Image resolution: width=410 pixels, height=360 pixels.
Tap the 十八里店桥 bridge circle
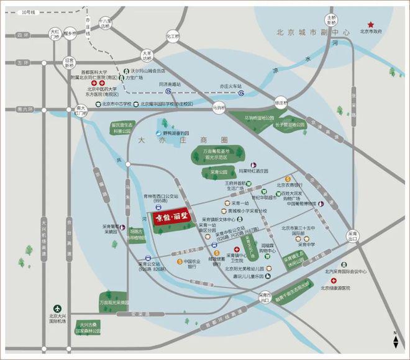pos(106,26)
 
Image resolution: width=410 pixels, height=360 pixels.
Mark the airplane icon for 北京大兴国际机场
pos(58,308)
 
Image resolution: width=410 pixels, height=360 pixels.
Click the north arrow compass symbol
pos(396,339)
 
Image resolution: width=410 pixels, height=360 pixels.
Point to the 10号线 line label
pos(29,12)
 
